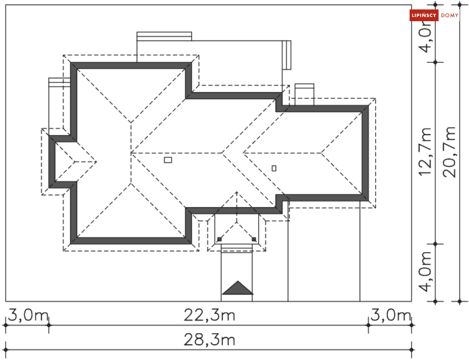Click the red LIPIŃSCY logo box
point(424,15)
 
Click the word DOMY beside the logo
point(450,15)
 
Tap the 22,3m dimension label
point(209,315)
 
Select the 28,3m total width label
point(209,340)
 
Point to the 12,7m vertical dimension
point(425,152)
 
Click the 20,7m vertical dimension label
point(449,152)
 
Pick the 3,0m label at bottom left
point(27,315)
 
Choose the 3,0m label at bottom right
point(391,315)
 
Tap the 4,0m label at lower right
point(425,271)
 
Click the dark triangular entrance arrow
point(238,287)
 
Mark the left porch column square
point(220,239)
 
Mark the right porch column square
point(254,239)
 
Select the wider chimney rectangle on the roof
point(168,160)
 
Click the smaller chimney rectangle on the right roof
point(274,168)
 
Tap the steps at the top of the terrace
point(164,36)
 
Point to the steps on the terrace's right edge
point(287,55)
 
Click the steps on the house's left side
point(59,82)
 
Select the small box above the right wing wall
point(304,95)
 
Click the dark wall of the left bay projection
point(52,162)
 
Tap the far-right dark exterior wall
point(365,153)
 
